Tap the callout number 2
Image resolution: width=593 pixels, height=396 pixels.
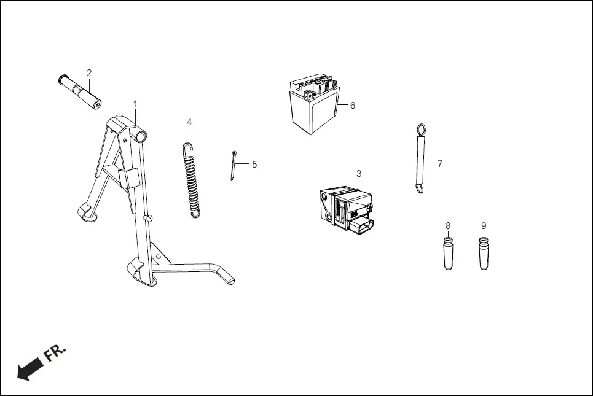89,73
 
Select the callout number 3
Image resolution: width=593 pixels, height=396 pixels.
359,174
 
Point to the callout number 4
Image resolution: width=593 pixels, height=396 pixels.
189,122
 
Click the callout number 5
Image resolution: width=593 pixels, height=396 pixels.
254,165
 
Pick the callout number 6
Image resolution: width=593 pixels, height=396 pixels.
353,105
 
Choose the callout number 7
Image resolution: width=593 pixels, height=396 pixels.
439,164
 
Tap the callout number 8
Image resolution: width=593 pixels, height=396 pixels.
448,225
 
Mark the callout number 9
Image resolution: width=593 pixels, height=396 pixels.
484,225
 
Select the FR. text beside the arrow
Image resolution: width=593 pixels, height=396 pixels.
55,352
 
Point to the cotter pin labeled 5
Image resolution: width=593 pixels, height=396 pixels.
234,166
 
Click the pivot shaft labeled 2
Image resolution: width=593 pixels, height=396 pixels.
80,91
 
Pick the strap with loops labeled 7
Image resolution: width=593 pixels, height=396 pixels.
421,160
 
